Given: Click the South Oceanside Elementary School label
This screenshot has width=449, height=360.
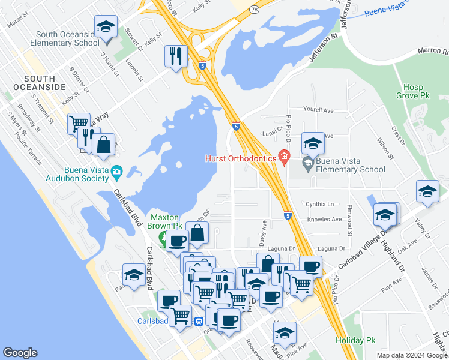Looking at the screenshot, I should tap(67, 38).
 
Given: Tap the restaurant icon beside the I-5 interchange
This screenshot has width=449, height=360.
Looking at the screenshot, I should tap(176, 56).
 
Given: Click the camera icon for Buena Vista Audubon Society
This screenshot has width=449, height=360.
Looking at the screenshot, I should tap(116, 173).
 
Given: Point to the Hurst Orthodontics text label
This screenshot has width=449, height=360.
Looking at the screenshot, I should tap(240, 158).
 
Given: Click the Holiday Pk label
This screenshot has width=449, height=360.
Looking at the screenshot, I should tap(355, 340).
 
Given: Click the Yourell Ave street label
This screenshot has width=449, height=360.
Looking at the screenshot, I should tap(318, 110).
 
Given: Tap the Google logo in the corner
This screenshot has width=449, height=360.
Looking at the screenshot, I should tap(20, 353).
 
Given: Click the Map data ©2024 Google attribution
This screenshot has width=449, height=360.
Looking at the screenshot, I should tap(412, 355).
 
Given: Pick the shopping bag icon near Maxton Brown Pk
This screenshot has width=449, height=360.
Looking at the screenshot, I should tap(198, 235).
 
